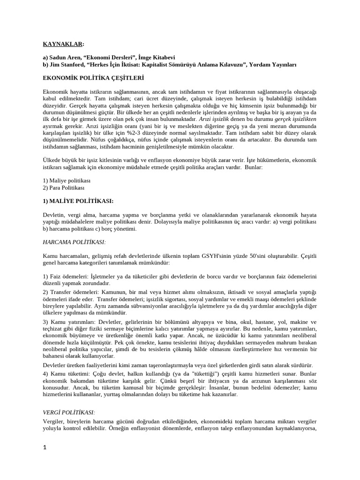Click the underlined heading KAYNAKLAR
click(63, 44)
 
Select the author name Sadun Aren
click(65, 57)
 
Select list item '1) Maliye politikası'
click(67, 180)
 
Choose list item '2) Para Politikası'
click(64, 187)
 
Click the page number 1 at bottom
click(45, 448)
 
